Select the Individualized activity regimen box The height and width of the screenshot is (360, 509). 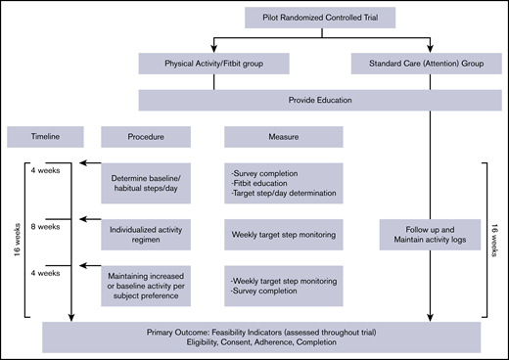(x=152, y=235)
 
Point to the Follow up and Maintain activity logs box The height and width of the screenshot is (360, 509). (x=416, y=235)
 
